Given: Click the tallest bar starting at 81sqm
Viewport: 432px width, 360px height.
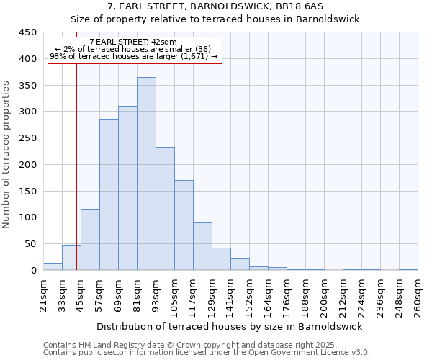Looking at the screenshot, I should point(146,174).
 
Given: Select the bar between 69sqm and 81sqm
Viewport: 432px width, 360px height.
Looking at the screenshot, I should point(127,188).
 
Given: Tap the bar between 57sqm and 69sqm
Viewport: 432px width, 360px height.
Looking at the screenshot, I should point(109,194).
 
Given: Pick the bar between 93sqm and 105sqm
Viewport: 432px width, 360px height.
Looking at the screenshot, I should point(165,209).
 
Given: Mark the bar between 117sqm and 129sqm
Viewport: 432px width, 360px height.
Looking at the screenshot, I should point(202,246).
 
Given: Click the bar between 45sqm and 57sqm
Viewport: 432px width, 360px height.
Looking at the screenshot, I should point(90,240).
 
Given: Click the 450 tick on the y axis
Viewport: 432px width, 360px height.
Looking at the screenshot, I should point(27,32).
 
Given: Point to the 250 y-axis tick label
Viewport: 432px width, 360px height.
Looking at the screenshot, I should point(27,138).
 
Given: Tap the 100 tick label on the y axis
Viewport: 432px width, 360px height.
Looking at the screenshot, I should point(27,217).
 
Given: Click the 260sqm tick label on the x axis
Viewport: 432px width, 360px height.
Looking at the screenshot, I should point(418,297).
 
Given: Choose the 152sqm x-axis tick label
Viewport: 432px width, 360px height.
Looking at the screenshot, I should point(250,297).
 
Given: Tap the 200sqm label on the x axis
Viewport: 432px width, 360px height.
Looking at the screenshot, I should point(325,297).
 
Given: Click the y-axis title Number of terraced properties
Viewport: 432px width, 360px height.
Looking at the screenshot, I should point(7,155).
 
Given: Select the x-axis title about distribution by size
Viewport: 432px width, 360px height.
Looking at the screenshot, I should point(230,326).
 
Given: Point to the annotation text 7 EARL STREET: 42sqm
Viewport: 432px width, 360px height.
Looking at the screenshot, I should point(133,42).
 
